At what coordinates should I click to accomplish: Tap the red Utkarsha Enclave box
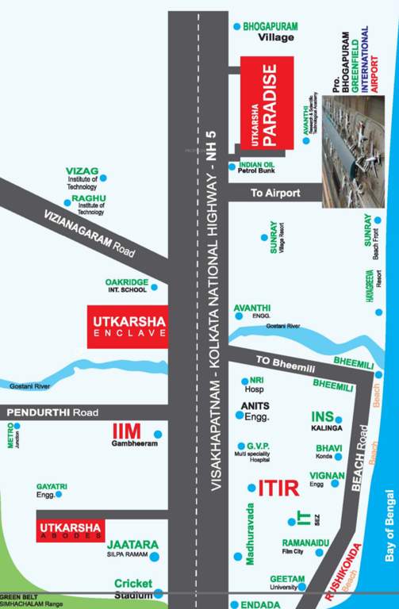128,326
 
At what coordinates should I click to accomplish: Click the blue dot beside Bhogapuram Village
236,27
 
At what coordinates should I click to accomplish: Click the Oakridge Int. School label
127,285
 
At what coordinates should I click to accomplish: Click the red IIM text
126,431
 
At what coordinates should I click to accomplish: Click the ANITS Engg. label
255,412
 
